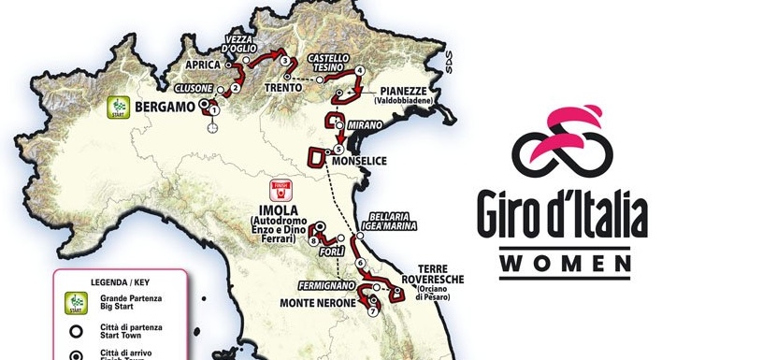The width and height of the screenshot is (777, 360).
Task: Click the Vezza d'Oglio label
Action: point(238,44)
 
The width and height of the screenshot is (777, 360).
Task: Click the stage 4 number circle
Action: point(359,71)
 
